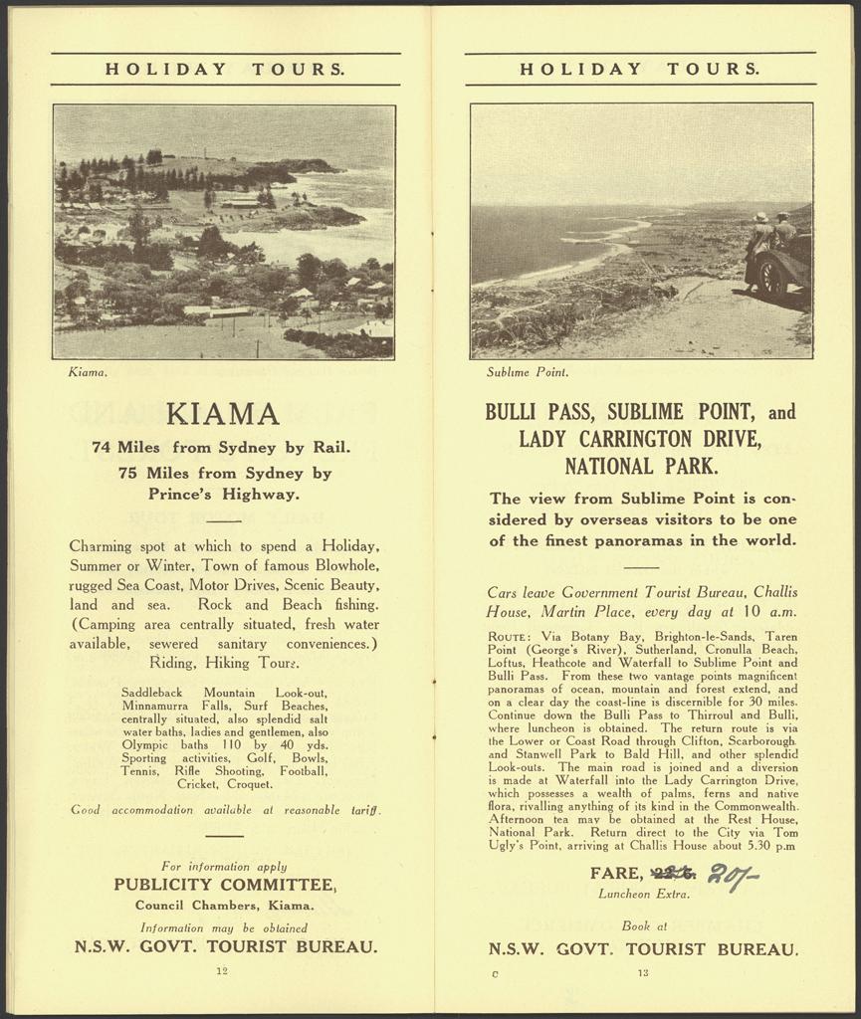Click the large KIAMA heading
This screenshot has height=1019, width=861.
[222, 413]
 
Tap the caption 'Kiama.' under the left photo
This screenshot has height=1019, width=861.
[88, 373]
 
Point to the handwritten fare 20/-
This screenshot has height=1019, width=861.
[733, 876]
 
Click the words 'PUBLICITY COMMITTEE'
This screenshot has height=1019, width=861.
[223, 885]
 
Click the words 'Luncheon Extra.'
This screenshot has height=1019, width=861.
[643, 894]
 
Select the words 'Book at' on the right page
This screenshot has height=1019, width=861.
[643, 925]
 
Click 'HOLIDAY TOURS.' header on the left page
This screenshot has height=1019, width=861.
[225, 70]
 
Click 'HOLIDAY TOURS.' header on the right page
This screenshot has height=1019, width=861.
[640, 70]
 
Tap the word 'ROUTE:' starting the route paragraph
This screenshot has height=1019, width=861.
[513, 636]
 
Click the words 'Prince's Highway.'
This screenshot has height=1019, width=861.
[224, 493]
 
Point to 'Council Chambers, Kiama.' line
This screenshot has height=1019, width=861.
[224, 906]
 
